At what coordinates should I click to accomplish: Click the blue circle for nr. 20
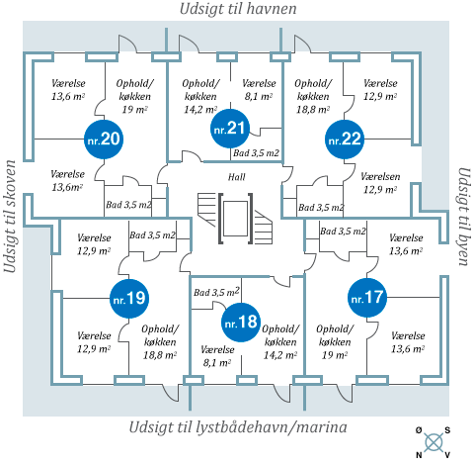tap(104, 140)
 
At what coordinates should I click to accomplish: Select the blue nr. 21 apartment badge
tap(230, 129)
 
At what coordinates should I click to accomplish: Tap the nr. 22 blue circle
tap(345, 140)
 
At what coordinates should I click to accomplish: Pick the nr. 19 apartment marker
tap(129, 299)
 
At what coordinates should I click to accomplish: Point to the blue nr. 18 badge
tap(241, 322)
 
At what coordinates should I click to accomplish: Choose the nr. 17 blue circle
tap(367, 298)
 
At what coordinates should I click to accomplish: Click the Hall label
tap(237, 177)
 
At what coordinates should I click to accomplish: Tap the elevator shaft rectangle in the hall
tap(235, 219)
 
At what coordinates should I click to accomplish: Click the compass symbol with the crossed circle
tap(434, 442)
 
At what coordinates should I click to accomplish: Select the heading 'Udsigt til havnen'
tap(238, 9)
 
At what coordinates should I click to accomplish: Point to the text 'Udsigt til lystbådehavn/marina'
tap(238, 427)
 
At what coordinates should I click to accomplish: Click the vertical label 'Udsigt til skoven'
tap(10, 217)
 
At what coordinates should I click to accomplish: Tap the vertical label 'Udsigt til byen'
tap(464, 217)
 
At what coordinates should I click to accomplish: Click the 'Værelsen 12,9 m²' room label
tap(380, 183)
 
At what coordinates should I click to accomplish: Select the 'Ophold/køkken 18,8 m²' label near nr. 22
tap(313, 96)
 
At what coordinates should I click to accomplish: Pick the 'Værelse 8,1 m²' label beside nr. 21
tap(259, 90)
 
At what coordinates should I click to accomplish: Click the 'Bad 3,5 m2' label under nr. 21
tap(256, 153)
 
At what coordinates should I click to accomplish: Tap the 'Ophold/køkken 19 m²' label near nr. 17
tap(335, 342)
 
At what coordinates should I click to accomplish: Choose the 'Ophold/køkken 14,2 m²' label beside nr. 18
tap(280, 342)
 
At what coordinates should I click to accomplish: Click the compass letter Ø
tap(419, 430)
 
